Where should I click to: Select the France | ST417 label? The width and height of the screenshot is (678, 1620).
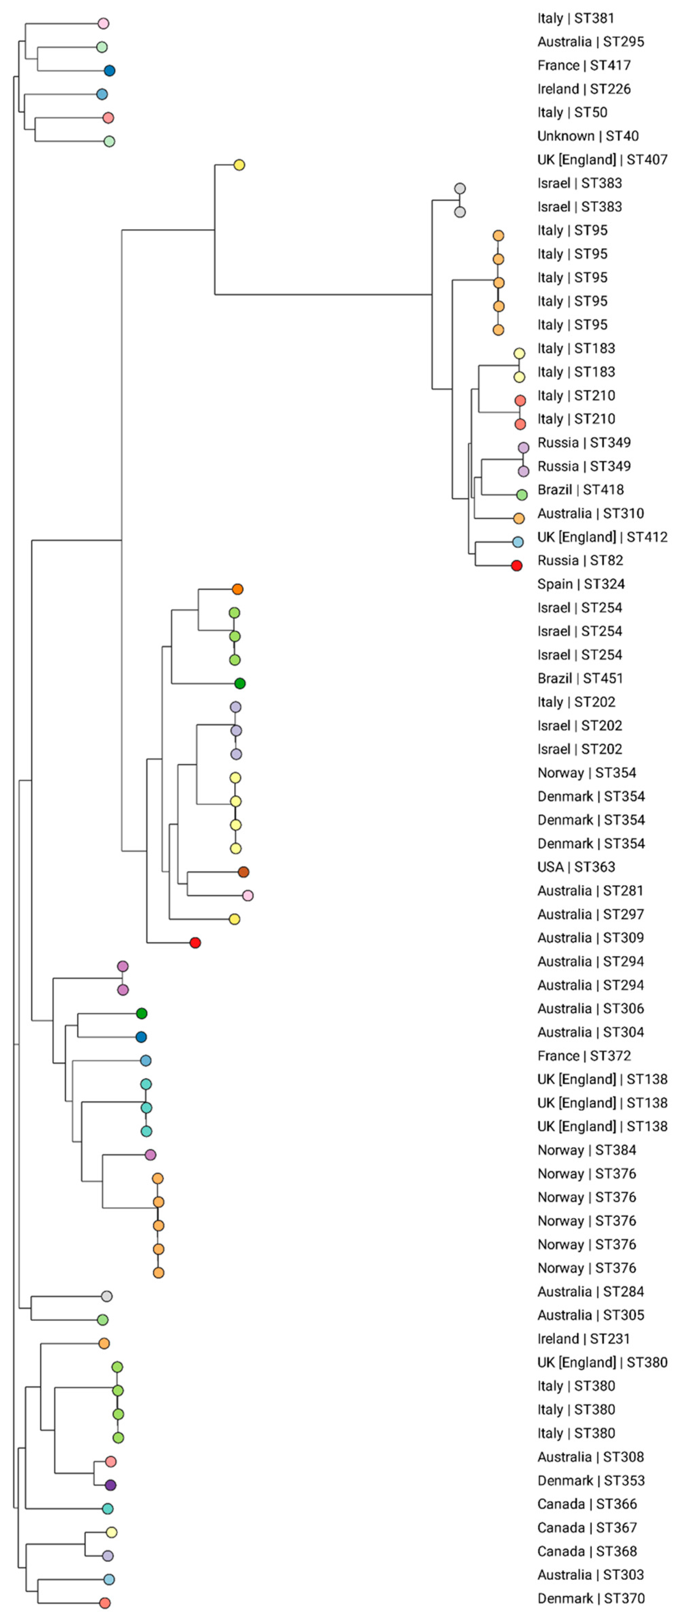click(584, 65)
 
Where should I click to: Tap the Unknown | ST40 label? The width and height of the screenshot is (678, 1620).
click(587, 136)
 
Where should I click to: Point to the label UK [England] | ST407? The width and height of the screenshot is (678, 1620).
click(602, 160)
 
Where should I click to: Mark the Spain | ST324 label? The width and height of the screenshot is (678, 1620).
click(581, 584)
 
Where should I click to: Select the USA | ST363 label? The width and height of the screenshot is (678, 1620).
click(575, 867)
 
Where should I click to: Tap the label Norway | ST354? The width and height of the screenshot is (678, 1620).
click(586, 773)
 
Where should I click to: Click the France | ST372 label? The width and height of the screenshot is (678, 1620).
click(584, 1056)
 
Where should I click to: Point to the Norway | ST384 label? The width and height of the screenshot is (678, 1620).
click(586, 1150)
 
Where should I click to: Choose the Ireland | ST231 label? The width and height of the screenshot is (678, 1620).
click(583, 1339)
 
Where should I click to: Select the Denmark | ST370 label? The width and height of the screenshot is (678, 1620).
click(591, 1598)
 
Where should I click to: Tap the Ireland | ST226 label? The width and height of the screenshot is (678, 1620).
click(584, 89)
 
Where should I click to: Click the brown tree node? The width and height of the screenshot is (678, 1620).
click(243, 872)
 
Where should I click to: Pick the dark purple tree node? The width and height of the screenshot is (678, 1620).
click(111, 1485)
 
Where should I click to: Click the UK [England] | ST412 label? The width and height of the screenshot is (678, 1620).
click(602, 537)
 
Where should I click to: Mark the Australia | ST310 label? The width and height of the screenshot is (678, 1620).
click(590, 513)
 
